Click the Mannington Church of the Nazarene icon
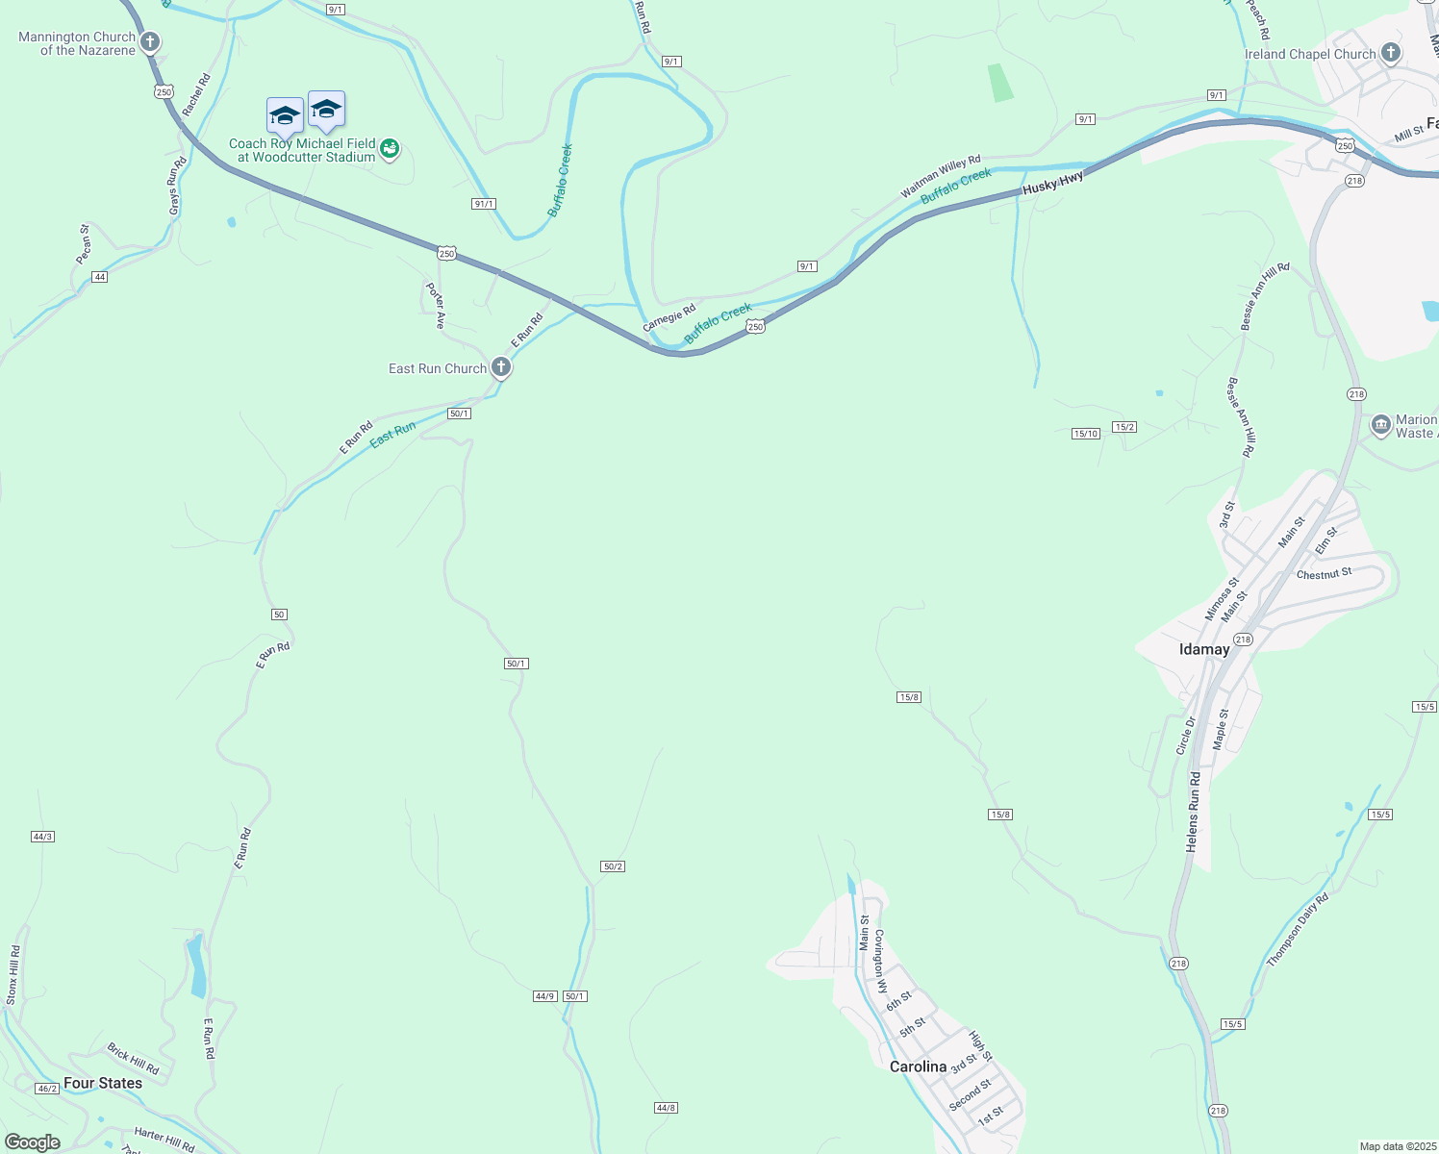[149, 42]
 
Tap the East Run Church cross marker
[500, 367]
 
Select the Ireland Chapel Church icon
[1390, 53]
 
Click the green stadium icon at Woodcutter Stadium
[389, 149]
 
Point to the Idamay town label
[1204, 649]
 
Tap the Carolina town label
[918, 1066]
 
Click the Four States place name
[103, 1083]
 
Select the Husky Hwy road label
[1052, 183]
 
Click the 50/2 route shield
[613, 866]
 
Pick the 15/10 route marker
[1085, 434]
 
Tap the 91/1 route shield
[484, 204]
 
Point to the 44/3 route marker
[42, 837]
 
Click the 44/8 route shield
[666, 1108]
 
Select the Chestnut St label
[1324, 574]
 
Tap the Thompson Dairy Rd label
[1297, 930]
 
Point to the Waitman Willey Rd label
[940, 177]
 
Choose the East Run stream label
[393, 434]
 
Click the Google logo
[32, 1142]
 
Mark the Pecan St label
[85, 244]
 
